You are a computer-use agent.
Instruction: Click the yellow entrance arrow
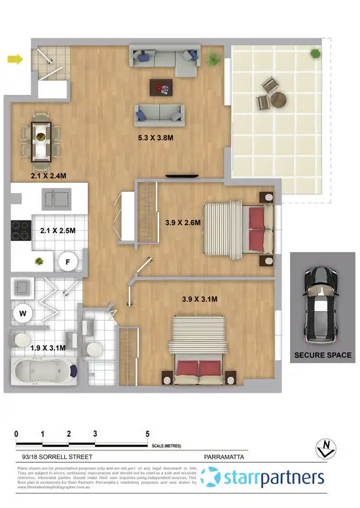(x=14, y=60)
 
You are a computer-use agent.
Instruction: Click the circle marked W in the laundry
(x=23, y=314)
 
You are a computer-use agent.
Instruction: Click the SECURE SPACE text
(x=322, y=355)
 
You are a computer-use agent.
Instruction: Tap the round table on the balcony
(x=279, y=100)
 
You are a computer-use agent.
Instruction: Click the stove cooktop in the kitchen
(x=19, y=229)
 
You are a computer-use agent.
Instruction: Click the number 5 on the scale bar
(x=147, y=434)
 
